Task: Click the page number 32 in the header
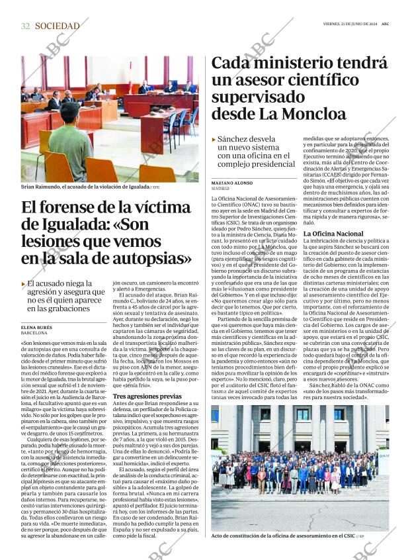25,26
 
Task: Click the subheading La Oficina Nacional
333,234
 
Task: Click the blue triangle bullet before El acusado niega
24,284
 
